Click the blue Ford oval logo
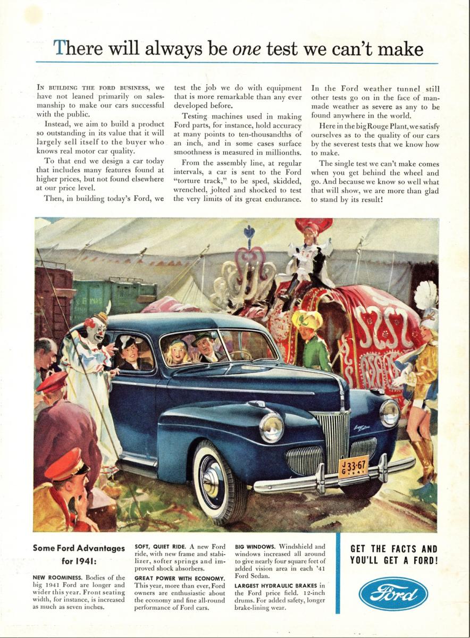[x=393, y=593]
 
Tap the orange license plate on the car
[x=353, y=466]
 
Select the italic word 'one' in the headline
[x=247, y=49]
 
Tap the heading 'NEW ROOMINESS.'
[x=55, y=577]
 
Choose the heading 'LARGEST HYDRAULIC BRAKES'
[x=280, y=585]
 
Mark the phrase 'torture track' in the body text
[x=196, y=181]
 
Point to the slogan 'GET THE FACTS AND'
[x=393, y=549]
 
